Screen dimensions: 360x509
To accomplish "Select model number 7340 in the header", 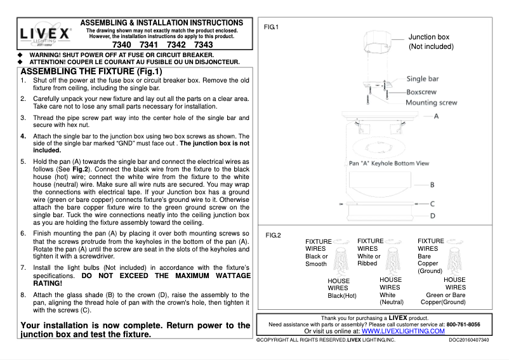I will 122,46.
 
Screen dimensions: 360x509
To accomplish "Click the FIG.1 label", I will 272,27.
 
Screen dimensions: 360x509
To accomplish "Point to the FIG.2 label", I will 273,236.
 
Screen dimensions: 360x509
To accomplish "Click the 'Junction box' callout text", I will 428,37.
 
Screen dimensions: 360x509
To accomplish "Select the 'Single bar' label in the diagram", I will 431,79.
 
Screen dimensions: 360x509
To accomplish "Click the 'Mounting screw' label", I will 431,102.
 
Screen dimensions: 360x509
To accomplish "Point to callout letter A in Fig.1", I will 436,117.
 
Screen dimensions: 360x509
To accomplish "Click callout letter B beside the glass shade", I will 431,185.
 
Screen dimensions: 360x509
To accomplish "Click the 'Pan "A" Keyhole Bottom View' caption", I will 389,163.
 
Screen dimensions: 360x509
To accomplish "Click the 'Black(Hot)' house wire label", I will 342,296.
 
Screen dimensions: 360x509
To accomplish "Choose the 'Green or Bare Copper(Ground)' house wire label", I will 454,298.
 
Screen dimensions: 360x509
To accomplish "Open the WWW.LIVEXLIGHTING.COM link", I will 403,331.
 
